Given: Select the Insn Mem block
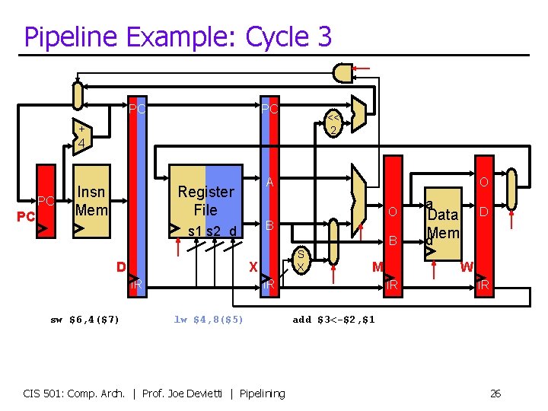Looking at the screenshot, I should point(92,201).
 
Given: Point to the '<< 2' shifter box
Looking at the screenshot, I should point(333,124).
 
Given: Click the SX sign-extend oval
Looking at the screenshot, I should point(301,260).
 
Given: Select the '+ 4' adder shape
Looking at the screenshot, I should point(81,135).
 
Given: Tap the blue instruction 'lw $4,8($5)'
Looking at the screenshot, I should point(209,319).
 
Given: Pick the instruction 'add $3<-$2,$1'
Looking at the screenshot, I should point(333,319).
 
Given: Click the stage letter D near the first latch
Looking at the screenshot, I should point(120,266).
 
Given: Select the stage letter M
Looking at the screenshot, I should point(377,266).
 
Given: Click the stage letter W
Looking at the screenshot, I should point(467,267).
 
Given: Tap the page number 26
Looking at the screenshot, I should point(495,393).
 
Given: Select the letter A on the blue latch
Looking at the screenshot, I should point(269,183).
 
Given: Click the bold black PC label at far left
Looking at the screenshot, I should point(25,216).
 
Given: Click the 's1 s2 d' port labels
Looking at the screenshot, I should point(212,231).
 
